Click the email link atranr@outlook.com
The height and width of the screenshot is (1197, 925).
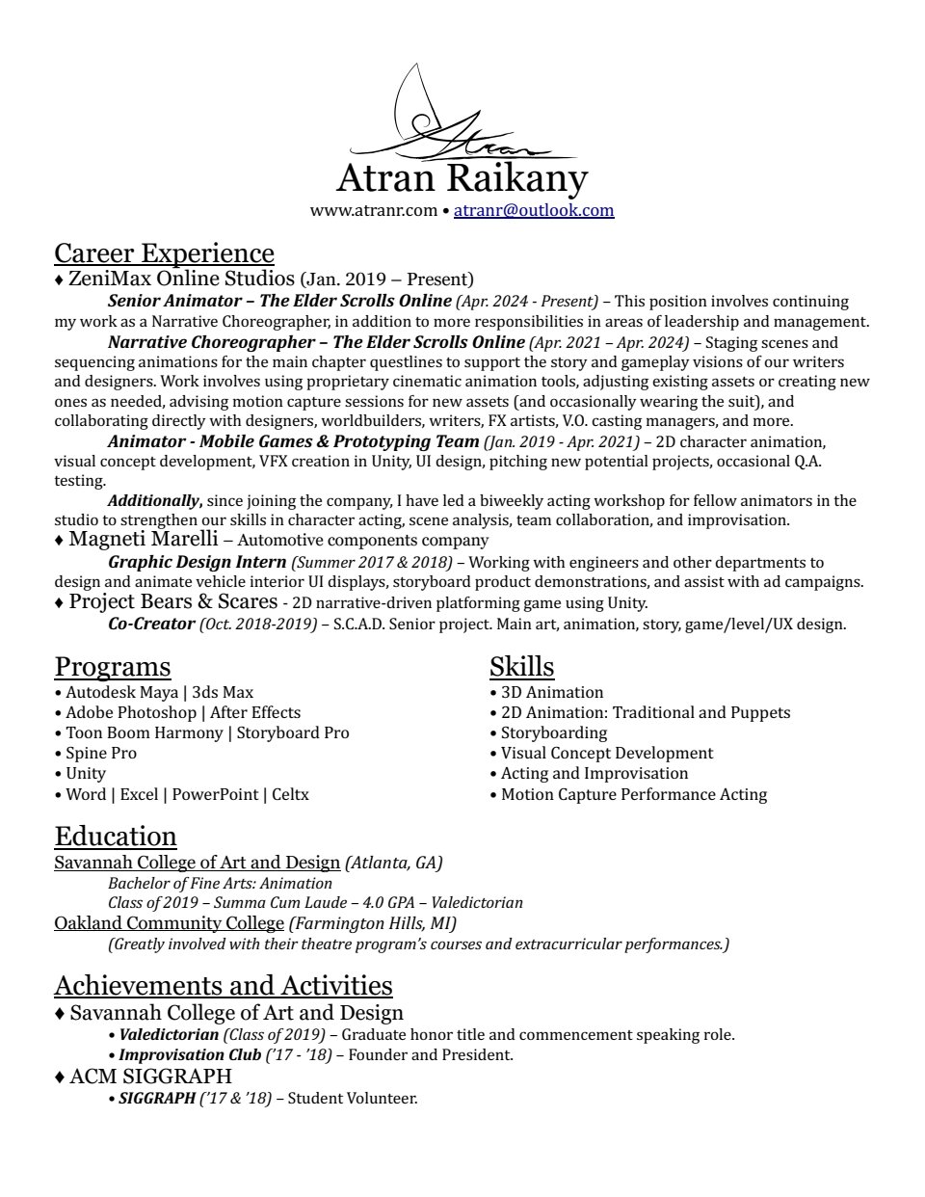534,210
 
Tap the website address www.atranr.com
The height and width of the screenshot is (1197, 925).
373,210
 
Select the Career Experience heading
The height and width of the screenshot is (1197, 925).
164,253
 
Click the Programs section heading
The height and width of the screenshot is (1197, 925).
112,667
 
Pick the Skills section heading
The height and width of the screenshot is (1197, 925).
521,667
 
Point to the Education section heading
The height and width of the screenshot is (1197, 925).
116,837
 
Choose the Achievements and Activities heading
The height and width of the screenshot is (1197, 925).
224,986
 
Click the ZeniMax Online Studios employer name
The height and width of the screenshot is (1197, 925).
181,279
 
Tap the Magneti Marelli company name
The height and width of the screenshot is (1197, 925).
144,540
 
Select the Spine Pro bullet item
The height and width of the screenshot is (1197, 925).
100,753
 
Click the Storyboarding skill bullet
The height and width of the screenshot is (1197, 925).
553,732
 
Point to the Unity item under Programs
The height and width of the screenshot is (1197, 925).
85,773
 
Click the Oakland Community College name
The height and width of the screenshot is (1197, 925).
169,923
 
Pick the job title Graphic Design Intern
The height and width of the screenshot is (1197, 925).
197,562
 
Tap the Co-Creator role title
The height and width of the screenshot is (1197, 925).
151,624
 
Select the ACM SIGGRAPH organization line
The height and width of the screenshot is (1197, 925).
149,1076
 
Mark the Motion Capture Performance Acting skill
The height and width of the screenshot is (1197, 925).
633,794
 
